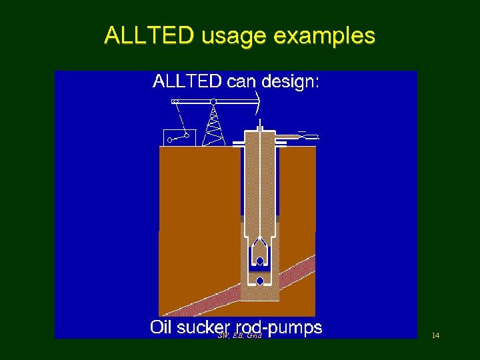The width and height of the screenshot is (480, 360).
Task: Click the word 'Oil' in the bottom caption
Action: point(163,327)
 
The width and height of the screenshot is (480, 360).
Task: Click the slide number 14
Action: point(435,335)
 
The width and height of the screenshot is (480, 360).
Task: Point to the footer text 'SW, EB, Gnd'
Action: point(239,336)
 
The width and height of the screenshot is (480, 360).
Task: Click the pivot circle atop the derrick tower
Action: point(213,102)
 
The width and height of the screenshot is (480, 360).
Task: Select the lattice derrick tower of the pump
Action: point(213,127)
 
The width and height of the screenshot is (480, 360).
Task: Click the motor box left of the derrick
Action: point(179,137)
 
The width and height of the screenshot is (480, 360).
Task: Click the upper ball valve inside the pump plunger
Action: point(260,261)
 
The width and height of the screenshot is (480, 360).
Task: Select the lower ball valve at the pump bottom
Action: point(260,281)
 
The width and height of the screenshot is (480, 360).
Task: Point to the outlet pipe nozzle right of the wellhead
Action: point(308,137)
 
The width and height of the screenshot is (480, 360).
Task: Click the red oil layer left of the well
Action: point(200,298)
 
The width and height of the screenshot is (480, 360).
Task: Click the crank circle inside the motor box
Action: point(171,140)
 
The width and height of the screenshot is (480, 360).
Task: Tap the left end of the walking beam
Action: point(175,101)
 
